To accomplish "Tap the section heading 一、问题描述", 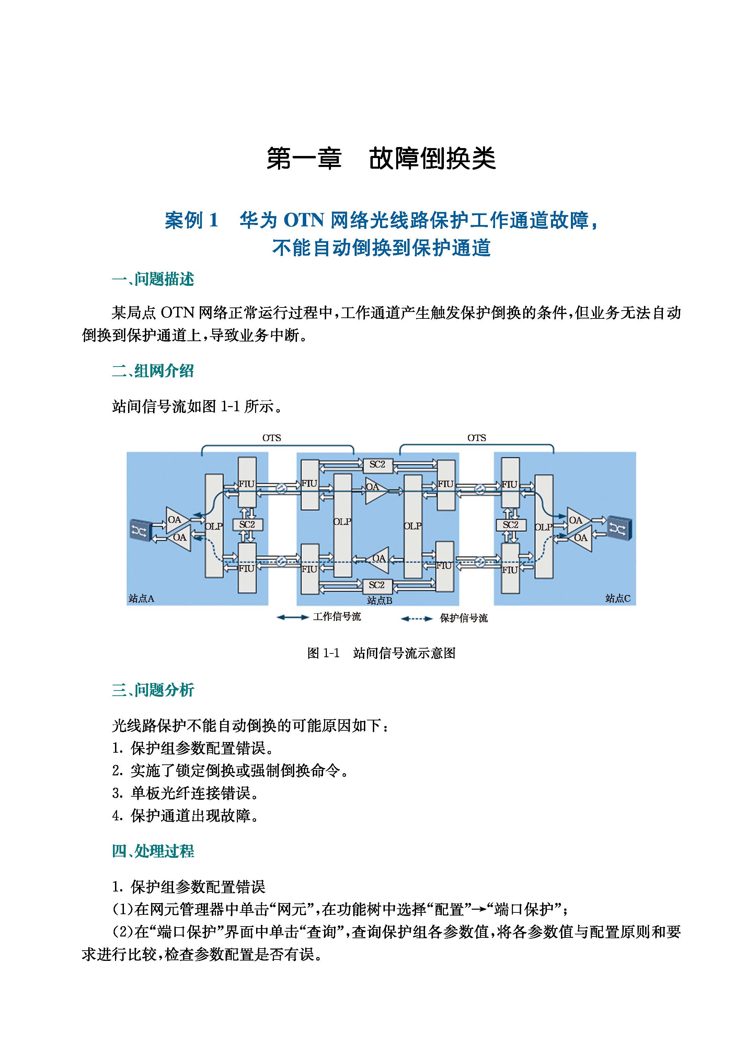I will pos(153,280).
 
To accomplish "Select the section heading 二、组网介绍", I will pos(153,371).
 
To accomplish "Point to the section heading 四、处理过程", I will pos(153,851).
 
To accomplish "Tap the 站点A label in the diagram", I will pos(141,598).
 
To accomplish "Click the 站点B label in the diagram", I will pos(379,601).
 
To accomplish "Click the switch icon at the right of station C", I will pos(620,528).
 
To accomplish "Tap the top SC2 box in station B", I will pos(377,465).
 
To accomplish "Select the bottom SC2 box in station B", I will pos(377,585).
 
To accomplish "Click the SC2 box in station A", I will pos(247,525).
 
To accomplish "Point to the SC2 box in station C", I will pos(510,525).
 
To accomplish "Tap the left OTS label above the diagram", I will pos(272,438).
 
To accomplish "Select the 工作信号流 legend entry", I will pos(337,617).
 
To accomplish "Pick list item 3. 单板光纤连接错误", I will pos(186,793).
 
